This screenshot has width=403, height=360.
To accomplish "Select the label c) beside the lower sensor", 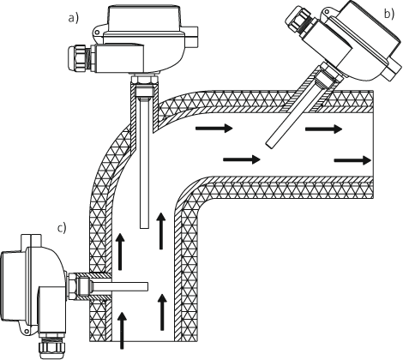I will point(60,227).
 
